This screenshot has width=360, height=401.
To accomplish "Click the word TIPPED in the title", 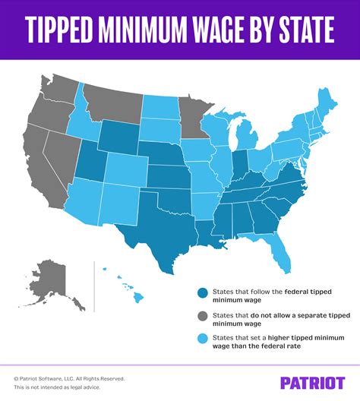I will click(68, 31).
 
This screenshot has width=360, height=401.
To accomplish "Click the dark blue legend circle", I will click(202, 292).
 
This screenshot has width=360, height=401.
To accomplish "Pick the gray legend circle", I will click(202, 318).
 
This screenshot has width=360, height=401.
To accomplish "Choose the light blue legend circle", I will click(202, 345).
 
